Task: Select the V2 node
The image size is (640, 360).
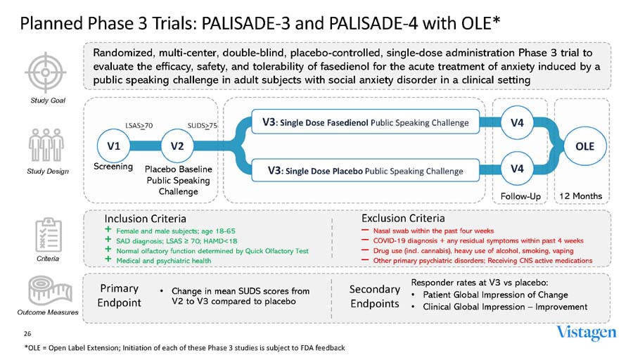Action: point(177,146)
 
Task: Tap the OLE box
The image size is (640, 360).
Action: point(585,146)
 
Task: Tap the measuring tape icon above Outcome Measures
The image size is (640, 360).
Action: point(46,290)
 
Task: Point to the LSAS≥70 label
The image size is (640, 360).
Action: point(139,126)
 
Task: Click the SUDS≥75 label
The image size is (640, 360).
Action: point(203,126)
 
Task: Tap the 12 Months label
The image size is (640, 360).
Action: point(583,195)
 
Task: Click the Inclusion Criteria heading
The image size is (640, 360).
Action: point(146,219)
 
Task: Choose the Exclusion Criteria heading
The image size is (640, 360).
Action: point(403,219)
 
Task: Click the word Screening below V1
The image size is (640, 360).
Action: point(113,167)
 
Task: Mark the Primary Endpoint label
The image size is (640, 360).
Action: point(120,295)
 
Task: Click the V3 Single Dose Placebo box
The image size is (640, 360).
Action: point(366,170)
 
